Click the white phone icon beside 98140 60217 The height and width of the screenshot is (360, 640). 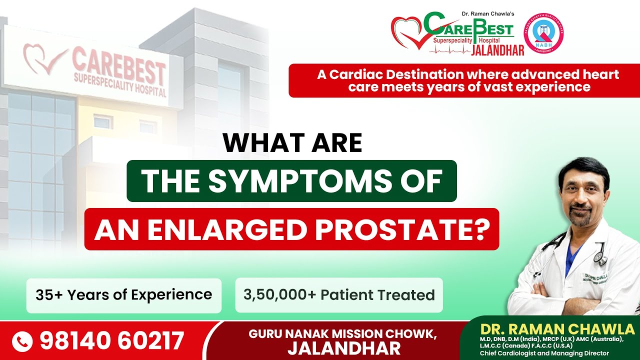22,341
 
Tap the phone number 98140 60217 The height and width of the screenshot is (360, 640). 111,341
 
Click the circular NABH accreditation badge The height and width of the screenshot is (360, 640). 543,34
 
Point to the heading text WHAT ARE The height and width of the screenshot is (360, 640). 292,143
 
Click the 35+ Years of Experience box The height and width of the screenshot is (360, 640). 123,295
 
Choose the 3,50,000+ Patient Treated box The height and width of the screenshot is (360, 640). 338,295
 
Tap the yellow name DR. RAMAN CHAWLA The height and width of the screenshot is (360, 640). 557,329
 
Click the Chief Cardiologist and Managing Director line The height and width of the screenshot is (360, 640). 544,353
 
